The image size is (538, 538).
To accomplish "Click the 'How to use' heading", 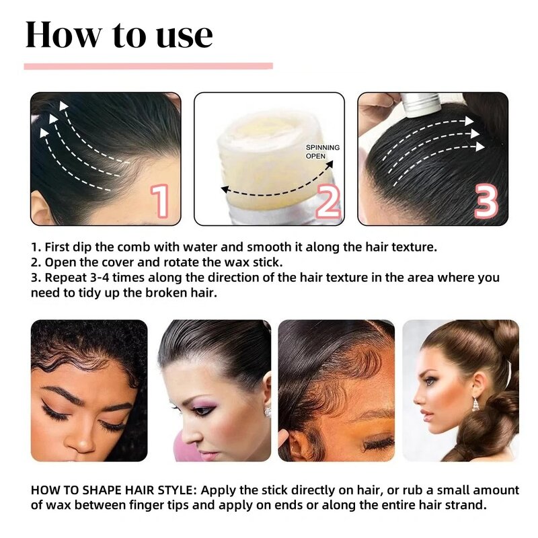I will tap(118, 35).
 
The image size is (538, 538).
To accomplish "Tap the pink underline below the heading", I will tap(148, 66).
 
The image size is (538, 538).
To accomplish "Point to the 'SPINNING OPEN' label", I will tap(323, 151).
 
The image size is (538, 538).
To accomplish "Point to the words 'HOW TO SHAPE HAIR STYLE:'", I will tap(114, 490).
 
